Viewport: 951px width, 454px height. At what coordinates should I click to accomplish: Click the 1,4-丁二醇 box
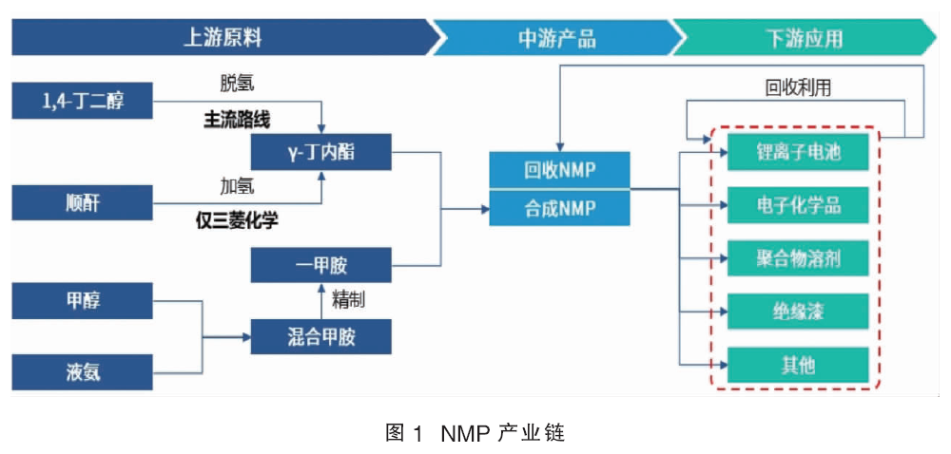click(x=83, y=101)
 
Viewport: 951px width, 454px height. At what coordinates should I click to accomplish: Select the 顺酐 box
click(x=83, y=203)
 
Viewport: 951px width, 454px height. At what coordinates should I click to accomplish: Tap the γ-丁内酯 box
click(x=321, y=152)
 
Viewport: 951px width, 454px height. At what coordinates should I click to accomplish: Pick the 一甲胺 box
click(x=321, y=265)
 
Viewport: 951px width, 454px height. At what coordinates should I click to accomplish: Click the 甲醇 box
click(x=83, y=301)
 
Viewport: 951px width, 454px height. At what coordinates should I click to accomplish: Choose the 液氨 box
click(x=83, y=372)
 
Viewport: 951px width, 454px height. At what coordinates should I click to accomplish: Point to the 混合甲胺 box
click(x=321, y=336)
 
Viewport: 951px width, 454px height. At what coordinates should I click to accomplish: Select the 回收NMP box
click(x=560, y=170)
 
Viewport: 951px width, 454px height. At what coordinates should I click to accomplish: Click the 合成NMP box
click(x=560, y=208)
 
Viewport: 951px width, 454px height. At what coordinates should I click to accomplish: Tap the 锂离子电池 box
click(x=799, y=152)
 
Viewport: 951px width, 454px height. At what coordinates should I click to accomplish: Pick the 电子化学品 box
click(x=799, y=205)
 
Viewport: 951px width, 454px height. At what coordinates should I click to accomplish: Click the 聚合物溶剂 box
click(x=799, y=258)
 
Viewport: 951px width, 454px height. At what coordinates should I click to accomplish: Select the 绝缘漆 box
click(x=799, y=312)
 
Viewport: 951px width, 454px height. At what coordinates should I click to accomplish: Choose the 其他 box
click(x=799, y=365)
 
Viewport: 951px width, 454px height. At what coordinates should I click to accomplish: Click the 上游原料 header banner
click(x=224, y=38)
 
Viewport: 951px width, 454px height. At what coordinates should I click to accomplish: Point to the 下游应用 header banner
click(x=806, y=38)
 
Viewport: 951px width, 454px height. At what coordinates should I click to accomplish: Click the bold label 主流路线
click(x=237, y=120)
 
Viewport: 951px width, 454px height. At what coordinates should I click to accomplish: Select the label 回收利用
click(x=798, y=88)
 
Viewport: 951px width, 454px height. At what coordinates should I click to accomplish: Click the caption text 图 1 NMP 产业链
click(x=475, y=433)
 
